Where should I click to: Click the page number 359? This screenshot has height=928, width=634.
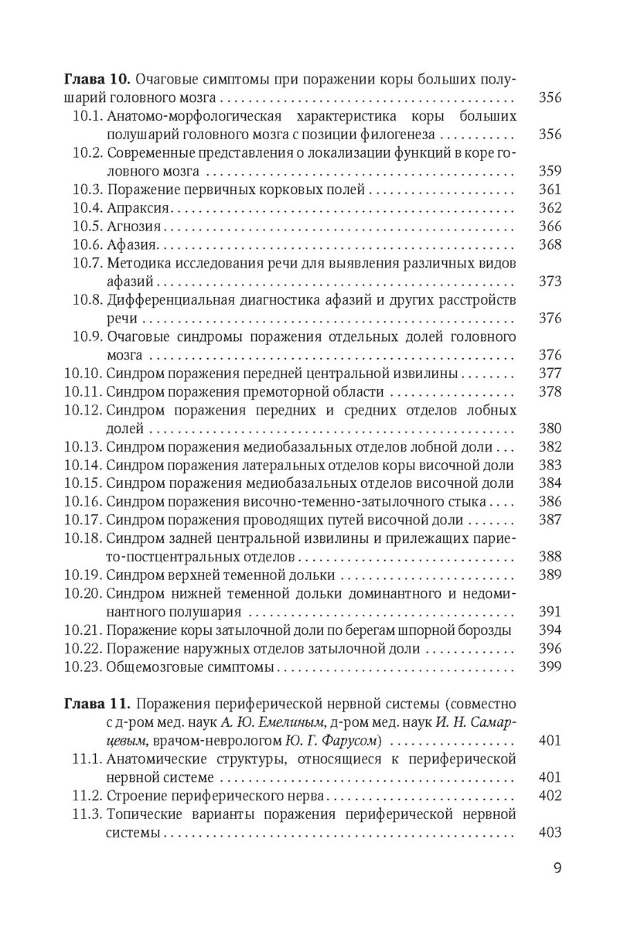[549, 171]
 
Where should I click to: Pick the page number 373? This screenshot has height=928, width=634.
[549, 281]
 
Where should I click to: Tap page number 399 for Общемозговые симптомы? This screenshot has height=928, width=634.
[549, 667]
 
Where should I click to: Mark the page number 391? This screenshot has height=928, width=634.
[549, 612]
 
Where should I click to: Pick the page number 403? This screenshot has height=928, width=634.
[549, 834]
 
